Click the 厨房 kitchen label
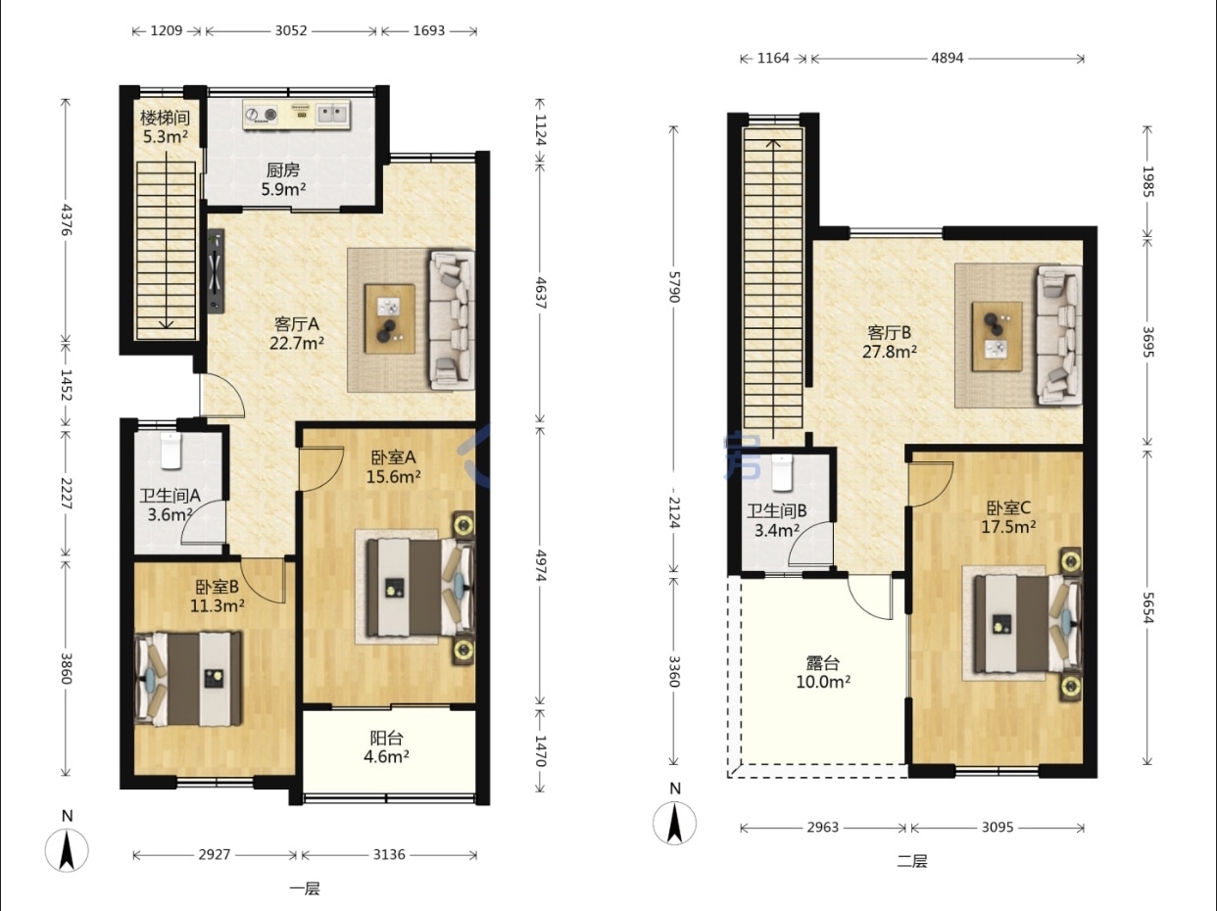coord(283,169)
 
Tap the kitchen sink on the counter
coord(332,115)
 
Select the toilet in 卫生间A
coord(170,451)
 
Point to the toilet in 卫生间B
coord(782,473)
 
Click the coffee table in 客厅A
coord(389,318)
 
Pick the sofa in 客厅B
coord(1059,335)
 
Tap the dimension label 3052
coord(291,30)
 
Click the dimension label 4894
coord(947,58)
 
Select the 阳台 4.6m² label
coord(386,746)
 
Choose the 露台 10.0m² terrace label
coord(823,672)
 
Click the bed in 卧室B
coord(189,678)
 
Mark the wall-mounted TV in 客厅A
coord(216,271)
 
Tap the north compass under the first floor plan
coord(67,850)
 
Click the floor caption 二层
coord(912,861)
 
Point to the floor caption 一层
coord(305,888)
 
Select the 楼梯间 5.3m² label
coord(165,127)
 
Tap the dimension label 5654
coord(1147,607)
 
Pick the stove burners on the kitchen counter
coord(262,115)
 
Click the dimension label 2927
coord(215,854)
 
